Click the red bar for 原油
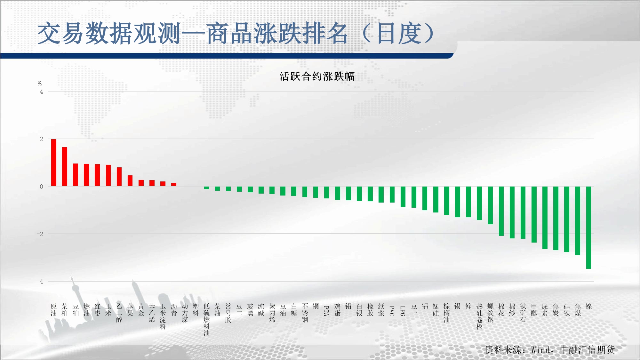pos(54,163)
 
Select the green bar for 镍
pos(588,228)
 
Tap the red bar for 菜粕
pos(65,167)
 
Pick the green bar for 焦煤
pos(578,221)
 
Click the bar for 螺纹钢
pos(490,205)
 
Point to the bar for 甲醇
pos(534,214)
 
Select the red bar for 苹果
pos(130,181)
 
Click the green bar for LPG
pos(403,197)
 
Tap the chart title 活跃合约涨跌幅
pos(317,76)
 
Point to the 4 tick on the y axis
pos(41,92)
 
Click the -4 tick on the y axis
pos(40,282)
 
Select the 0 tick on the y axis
pos(41,187)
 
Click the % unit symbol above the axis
pos(40,84)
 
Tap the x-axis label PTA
pos(326,311)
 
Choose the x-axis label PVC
pos(392,311)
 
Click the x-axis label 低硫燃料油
pos(207,320)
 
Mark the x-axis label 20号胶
pos(228,313)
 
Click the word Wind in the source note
pos(540,350)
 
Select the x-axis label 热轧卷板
pos(479,316)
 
